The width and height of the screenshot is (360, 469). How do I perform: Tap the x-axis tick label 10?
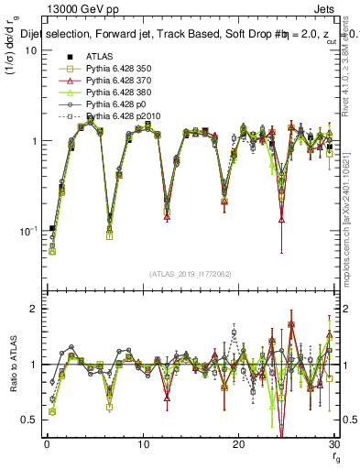[x=143, y=444]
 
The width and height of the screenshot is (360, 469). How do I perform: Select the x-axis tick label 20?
[x=238, y=444]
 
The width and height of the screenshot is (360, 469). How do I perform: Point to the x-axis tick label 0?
[x=47, y=444]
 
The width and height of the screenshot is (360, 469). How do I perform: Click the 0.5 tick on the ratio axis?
[x=29, y=420]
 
